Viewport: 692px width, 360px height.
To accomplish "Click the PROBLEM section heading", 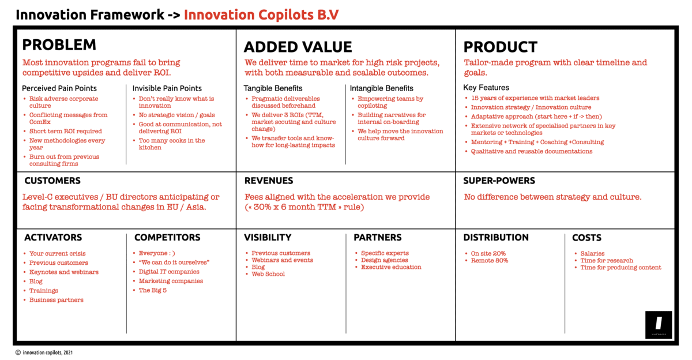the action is pos(59,45).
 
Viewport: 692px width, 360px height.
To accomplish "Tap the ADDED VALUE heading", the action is pos(298,47).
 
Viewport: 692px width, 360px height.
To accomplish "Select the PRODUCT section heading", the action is pos(500,47).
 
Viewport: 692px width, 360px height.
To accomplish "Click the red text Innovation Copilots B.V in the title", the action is pos(261,15).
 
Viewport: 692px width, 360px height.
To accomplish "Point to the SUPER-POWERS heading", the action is pos(499,181).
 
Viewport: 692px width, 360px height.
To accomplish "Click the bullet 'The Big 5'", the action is pos(153,290).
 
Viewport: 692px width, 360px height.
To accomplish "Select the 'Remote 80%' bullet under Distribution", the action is pos(490,261).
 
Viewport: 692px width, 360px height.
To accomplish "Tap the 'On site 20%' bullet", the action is pos(488,253).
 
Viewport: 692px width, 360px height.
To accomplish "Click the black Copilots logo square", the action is pos(659,325).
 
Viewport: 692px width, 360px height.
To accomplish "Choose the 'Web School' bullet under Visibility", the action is pos(268,274).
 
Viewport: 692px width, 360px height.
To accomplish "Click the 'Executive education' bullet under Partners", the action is pos(391,267).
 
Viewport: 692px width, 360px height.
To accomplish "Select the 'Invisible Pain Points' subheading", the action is pos(167,88).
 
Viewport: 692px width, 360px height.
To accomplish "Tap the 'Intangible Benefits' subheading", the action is pos(382,88).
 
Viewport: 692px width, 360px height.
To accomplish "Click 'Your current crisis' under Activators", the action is pos(58,253).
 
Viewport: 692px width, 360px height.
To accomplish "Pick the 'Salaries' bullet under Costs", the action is pos(592,253).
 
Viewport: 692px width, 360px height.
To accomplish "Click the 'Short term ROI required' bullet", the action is pos(66,131).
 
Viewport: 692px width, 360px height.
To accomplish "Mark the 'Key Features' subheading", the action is pos(486,88).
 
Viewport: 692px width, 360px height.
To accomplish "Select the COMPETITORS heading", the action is pos(167,238).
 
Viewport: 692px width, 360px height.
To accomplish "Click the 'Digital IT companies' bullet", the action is pos(169,272).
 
